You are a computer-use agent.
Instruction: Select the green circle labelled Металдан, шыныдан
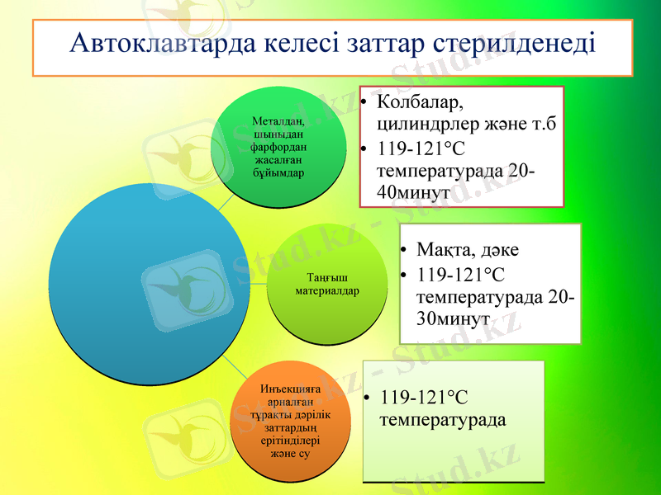pos(278,147)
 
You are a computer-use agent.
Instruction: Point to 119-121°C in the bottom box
pos(424,398)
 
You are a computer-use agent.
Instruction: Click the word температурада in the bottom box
pos(442,419)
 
